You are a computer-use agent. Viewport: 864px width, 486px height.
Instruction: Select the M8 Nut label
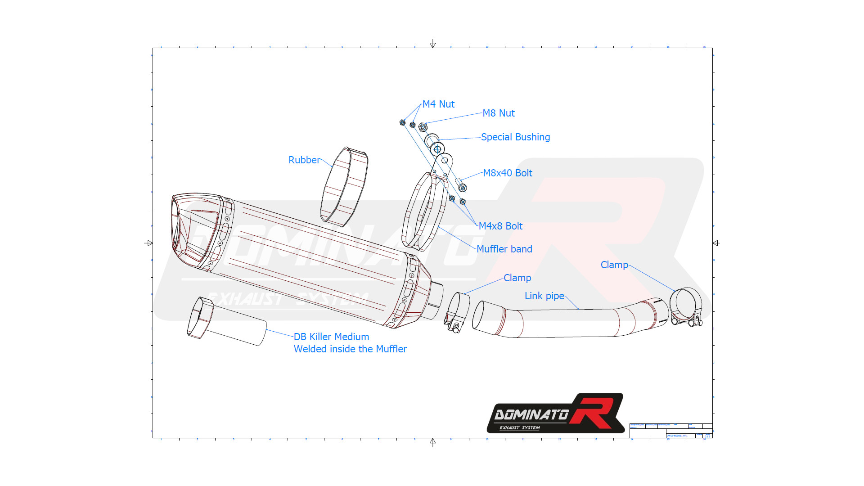click(498, 113)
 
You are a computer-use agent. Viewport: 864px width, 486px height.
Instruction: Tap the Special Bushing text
click(515, 137)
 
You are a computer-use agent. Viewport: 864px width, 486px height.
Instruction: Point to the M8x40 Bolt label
click(507, 173)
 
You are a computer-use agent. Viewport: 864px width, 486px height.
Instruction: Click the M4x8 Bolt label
click(500, 226)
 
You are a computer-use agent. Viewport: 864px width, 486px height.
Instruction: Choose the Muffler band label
click(504, 249)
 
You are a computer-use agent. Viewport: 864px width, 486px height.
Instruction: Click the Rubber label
click(304, 160)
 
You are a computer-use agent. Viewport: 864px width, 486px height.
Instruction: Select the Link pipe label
click(544, 296)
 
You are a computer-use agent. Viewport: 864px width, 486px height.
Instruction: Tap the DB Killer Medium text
click(331, 337)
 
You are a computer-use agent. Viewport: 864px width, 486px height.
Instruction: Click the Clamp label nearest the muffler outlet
click(517, 278)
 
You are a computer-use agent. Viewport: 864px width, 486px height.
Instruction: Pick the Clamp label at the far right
click(614, 265)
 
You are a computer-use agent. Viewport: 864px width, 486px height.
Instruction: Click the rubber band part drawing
click(344, 186)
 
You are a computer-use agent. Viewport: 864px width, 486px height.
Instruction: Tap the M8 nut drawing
click(423, 127)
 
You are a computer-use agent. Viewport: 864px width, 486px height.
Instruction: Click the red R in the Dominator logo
click(595, 412)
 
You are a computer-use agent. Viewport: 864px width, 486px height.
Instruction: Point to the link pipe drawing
click(567, 322)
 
